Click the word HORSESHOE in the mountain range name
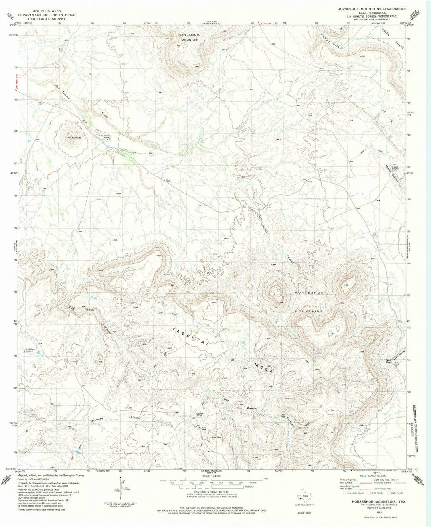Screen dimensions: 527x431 point(309,293)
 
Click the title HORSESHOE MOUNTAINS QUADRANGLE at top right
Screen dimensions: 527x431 point(372,9)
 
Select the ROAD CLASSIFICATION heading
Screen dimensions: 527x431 point(373,476)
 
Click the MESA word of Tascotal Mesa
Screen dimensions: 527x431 point(264,368)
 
